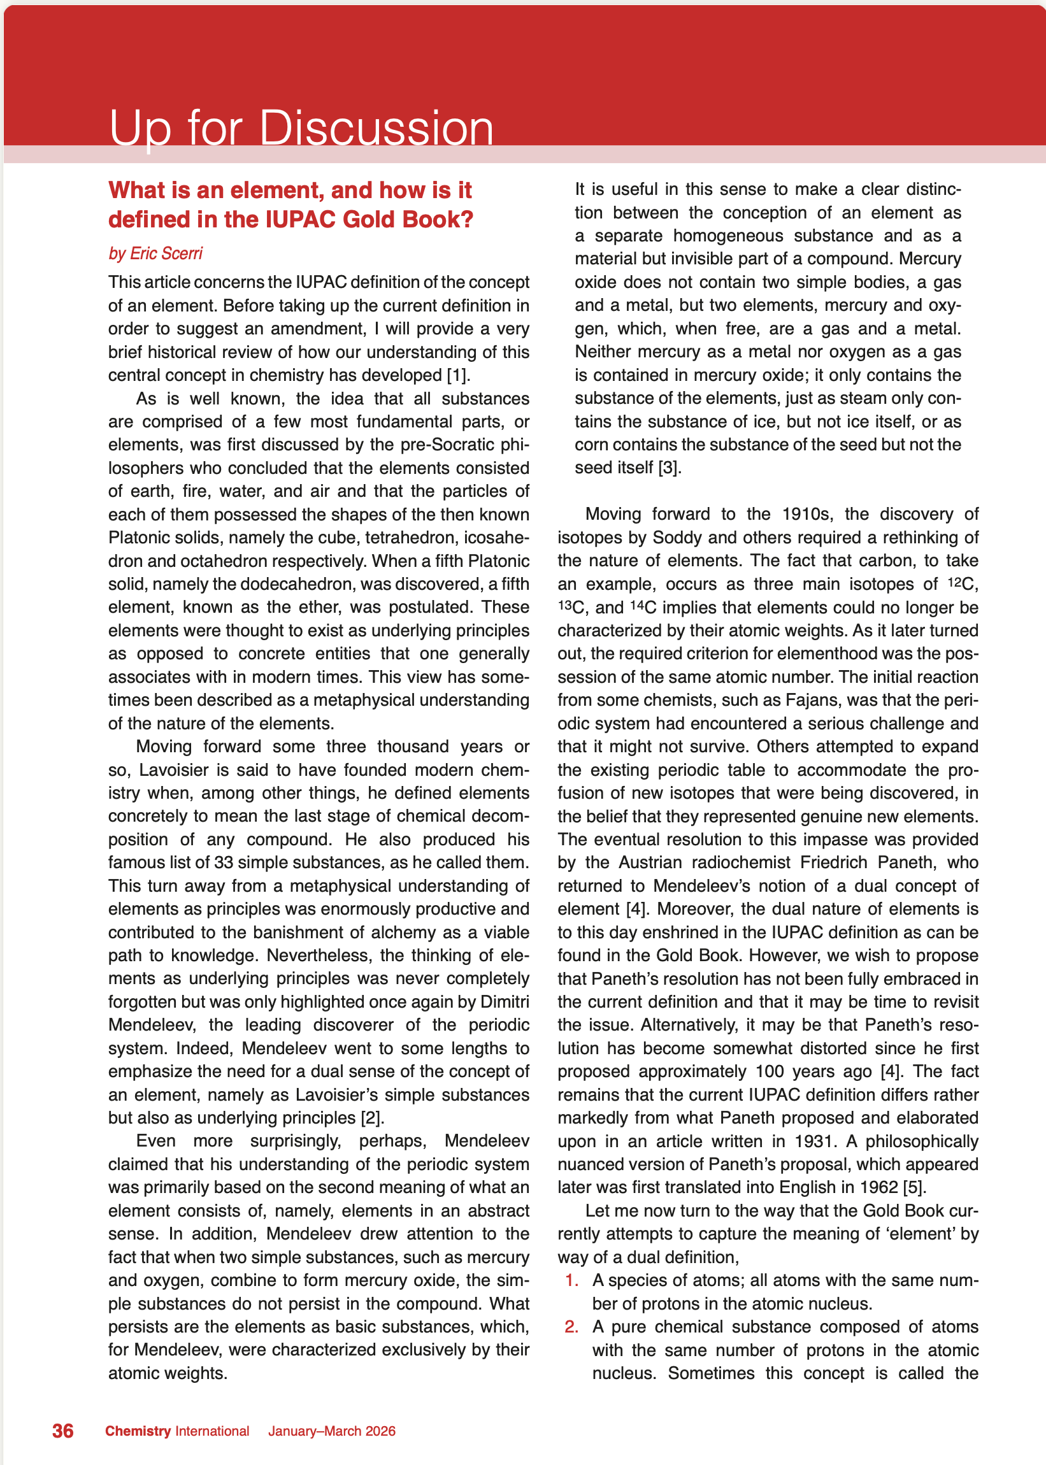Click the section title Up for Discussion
pos(301,128)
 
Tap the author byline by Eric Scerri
pos(155,253)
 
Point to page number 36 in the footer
pos(62,1431)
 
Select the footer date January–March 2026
pos(332,1431)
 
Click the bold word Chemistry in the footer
pos(138,1431)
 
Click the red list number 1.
pos(572,1280)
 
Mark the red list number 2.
pos(572,1327)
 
